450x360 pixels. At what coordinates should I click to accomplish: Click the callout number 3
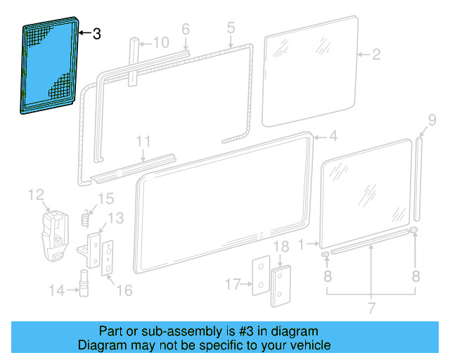point(97,33)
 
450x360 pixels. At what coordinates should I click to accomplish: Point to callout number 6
point(186,29)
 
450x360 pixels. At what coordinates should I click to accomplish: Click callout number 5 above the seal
point(231,28)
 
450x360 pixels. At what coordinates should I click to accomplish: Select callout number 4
point(333,136)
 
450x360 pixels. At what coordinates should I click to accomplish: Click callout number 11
point(143,141)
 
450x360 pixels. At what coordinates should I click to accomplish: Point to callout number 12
point(36,194)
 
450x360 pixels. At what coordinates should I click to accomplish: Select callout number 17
point(233,284)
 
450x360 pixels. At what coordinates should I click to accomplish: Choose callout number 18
point(281,247)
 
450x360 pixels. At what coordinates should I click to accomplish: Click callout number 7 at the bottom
point(371,307)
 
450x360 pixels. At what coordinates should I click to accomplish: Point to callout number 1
point(303,244)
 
